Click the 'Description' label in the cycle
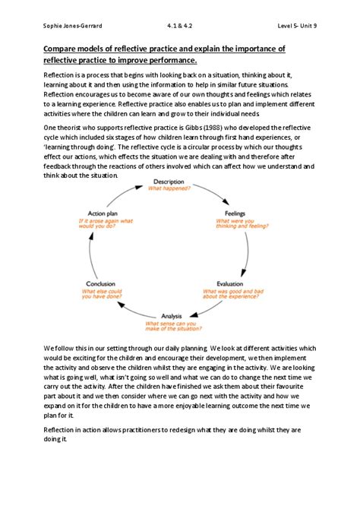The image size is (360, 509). pos(169,182)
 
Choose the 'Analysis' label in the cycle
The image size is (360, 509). pos(171,315)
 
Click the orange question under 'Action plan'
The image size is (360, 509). pos(103,226)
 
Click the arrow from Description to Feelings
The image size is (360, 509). pos(214,191)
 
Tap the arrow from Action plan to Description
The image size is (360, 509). pos(126,191)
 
